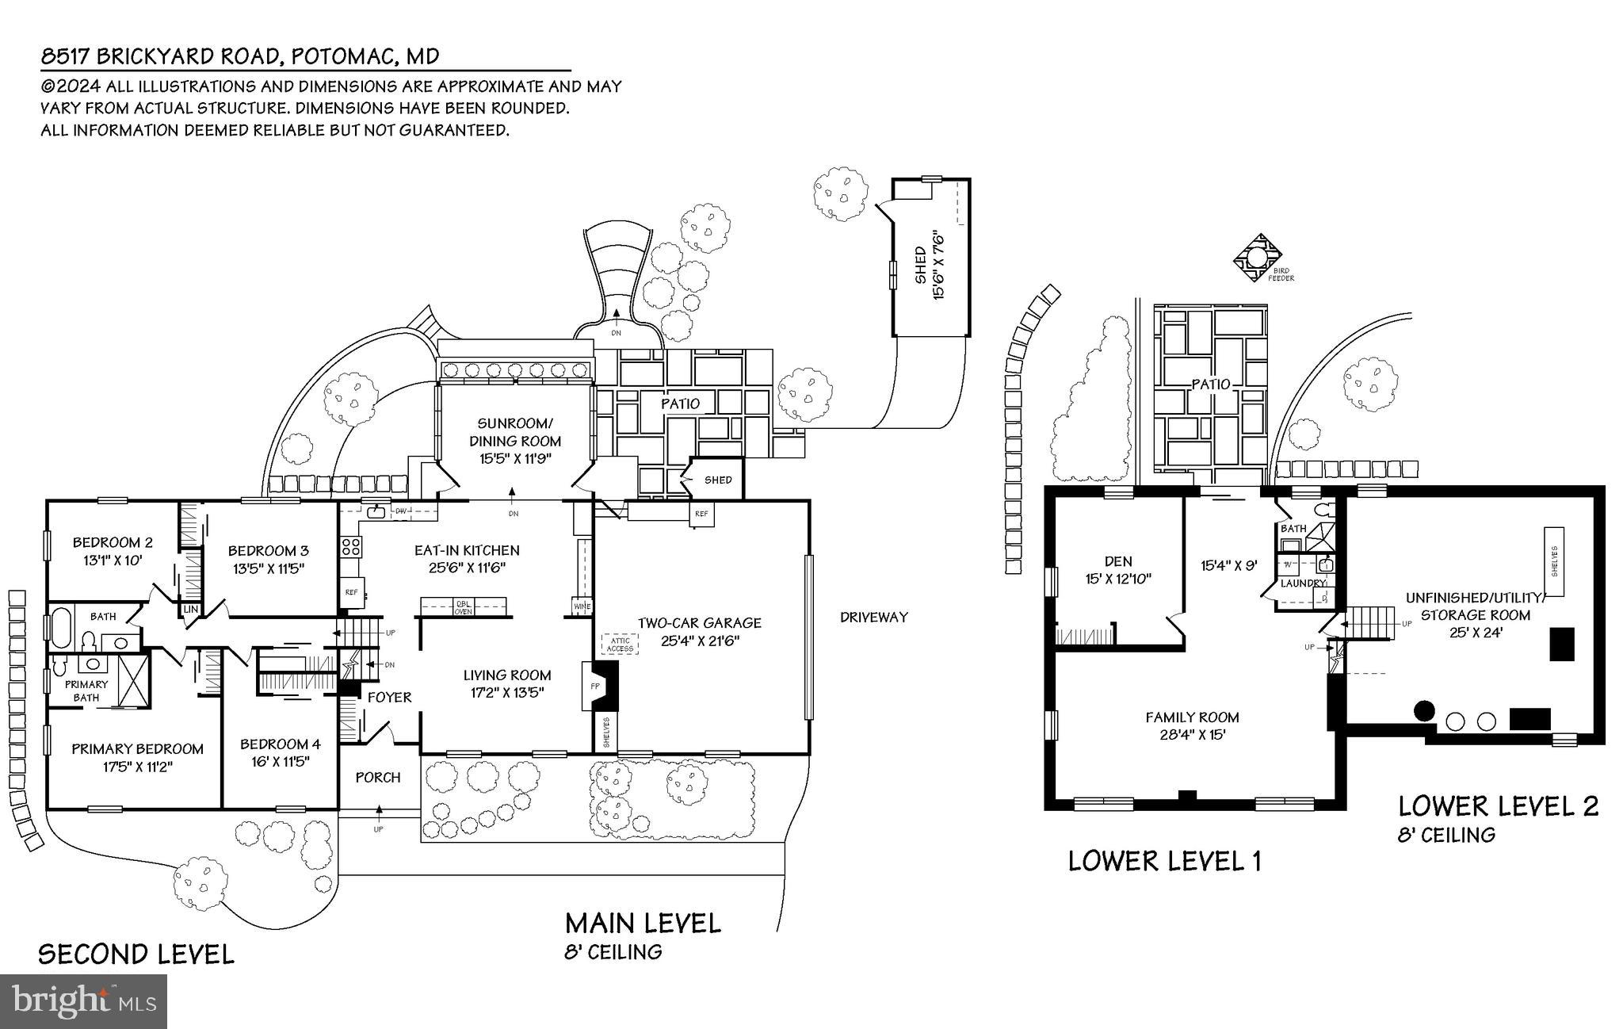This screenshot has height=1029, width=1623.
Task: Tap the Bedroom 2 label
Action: [113, 543]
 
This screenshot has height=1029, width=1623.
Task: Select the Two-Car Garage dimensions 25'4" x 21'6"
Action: [701, 641]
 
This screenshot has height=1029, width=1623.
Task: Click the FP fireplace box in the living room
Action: [594, 685]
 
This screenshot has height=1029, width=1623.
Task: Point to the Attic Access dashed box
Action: [620, 645]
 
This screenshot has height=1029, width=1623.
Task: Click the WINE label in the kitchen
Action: [582, 607]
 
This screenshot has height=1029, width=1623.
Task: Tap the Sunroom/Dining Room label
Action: [515, 432]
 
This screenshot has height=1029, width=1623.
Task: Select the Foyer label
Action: [389, 698]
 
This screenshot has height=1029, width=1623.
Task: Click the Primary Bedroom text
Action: [137, 748]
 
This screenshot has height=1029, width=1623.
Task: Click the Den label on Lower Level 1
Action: [1118, 561]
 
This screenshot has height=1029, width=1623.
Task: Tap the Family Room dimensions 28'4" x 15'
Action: [1192, 735]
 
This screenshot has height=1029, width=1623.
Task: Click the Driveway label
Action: [873, 617]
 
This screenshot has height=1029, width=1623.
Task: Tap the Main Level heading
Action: [643, 923]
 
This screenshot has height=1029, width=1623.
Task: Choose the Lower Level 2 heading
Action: [1498, 806]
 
